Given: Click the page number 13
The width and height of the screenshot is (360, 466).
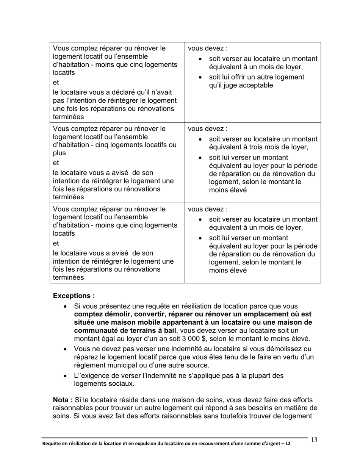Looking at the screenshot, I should pyautogui.click(x=314, y=440).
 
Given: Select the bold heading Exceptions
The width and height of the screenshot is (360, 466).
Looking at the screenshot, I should pyautogui.click(x=74, y=296).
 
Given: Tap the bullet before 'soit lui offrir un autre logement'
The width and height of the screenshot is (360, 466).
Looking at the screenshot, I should pyautogui.click(x=200, y=77).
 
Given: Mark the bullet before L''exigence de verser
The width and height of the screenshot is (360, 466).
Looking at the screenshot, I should pyautogui.click(x=66, y=376).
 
